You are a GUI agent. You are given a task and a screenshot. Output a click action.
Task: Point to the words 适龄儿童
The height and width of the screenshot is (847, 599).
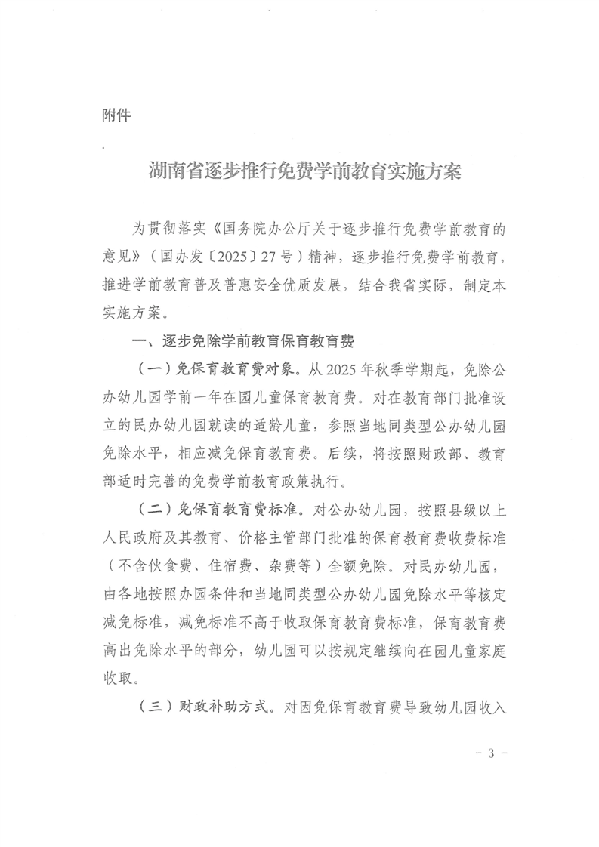[x=295, y=425]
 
